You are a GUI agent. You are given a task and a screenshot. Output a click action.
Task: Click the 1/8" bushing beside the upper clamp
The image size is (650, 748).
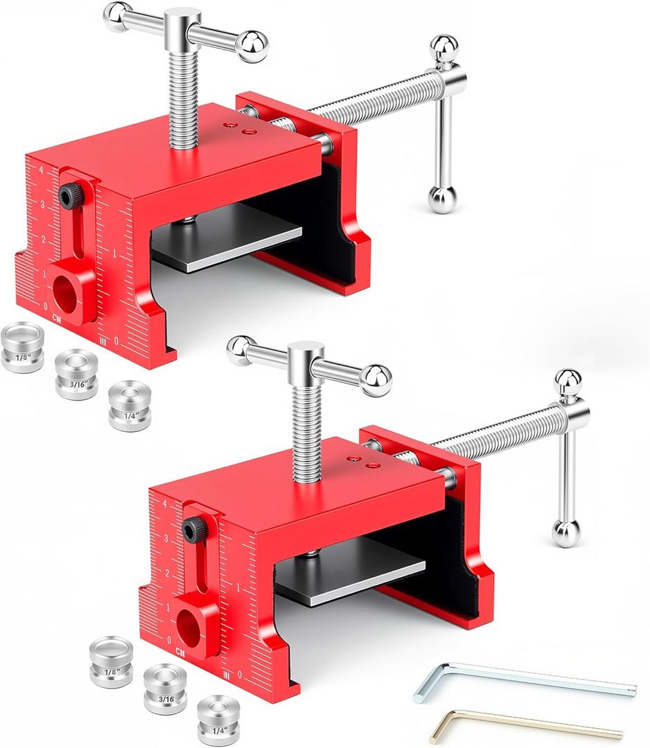coord(23,346)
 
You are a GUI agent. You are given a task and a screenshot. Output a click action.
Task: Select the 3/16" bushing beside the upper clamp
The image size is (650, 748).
coord(76,374)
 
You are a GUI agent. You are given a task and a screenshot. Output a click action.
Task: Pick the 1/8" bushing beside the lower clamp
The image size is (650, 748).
coord(111,661)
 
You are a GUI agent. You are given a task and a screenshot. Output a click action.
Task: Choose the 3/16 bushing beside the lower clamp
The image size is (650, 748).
coord(165,688)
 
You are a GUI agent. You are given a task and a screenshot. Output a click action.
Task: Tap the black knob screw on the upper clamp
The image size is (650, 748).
coord(69,196)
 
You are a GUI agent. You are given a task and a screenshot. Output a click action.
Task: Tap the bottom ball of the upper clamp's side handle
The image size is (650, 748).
coord(441,200)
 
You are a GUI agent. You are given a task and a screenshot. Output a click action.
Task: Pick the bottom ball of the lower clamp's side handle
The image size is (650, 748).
coord(565,534)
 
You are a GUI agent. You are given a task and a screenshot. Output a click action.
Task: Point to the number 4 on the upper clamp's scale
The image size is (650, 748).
coord(42,170)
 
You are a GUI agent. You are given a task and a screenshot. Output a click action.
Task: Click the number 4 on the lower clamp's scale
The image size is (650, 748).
coord(164,504)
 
